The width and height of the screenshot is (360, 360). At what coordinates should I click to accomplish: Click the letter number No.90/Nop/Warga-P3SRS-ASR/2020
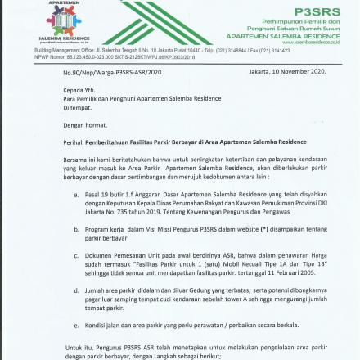112,72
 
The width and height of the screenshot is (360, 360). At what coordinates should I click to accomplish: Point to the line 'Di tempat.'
77,107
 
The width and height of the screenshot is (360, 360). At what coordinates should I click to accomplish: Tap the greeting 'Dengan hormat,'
84,125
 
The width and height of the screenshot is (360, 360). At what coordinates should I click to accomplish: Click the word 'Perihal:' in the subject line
73,142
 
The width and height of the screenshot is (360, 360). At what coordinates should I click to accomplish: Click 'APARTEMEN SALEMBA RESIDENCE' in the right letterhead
282,37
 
